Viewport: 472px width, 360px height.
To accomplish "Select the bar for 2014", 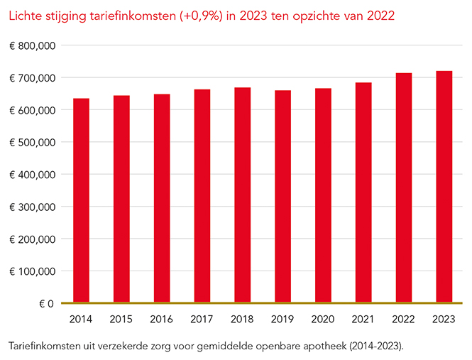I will click(81, 200).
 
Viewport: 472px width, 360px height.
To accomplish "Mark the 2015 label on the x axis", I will click(121, 320).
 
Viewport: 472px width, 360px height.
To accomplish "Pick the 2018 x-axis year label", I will click(243, 320).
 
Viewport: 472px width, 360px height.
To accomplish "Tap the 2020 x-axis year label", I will click(323, 320).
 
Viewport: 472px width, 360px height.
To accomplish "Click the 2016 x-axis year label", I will click(162, 320).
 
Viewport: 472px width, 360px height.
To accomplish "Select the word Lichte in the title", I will click(23, 15).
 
